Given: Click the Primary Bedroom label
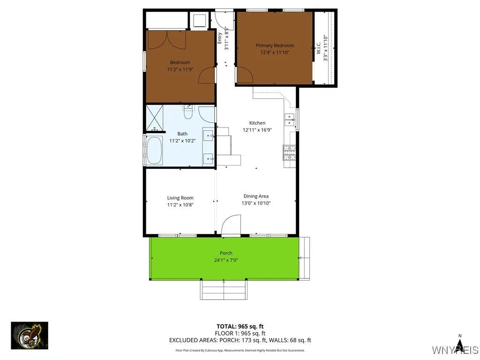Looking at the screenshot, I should click(275, 45).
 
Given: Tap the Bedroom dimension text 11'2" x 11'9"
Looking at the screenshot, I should click(180, 69).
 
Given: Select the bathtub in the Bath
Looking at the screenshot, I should click(154, 150).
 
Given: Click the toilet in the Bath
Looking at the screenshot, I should click(188, 112).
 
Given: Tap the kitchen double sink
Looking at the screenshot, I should click(290, 120).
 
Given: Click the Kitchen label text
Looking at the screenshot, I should click(257, 123).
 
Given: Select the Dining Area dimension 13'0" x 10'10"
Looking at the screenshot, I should click(256, 203).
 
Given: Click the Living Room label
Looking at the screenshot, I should click(180, 198).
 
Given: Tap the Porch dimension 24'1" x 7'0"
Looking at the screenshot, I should click(226, 260).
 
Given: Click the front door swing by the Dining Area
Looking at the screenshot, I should click(231, 225).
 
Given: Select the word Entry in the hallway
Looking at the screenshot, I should click(220, 37).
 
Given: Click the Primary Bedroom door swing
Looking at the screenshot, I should click(244, 75).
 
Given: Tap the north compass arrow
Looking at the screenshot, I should click(460, 346).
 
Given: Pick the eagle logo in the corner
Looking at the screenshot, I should click(30, 335).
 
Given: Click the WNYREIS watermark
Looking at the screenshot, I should click(455, 350).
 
